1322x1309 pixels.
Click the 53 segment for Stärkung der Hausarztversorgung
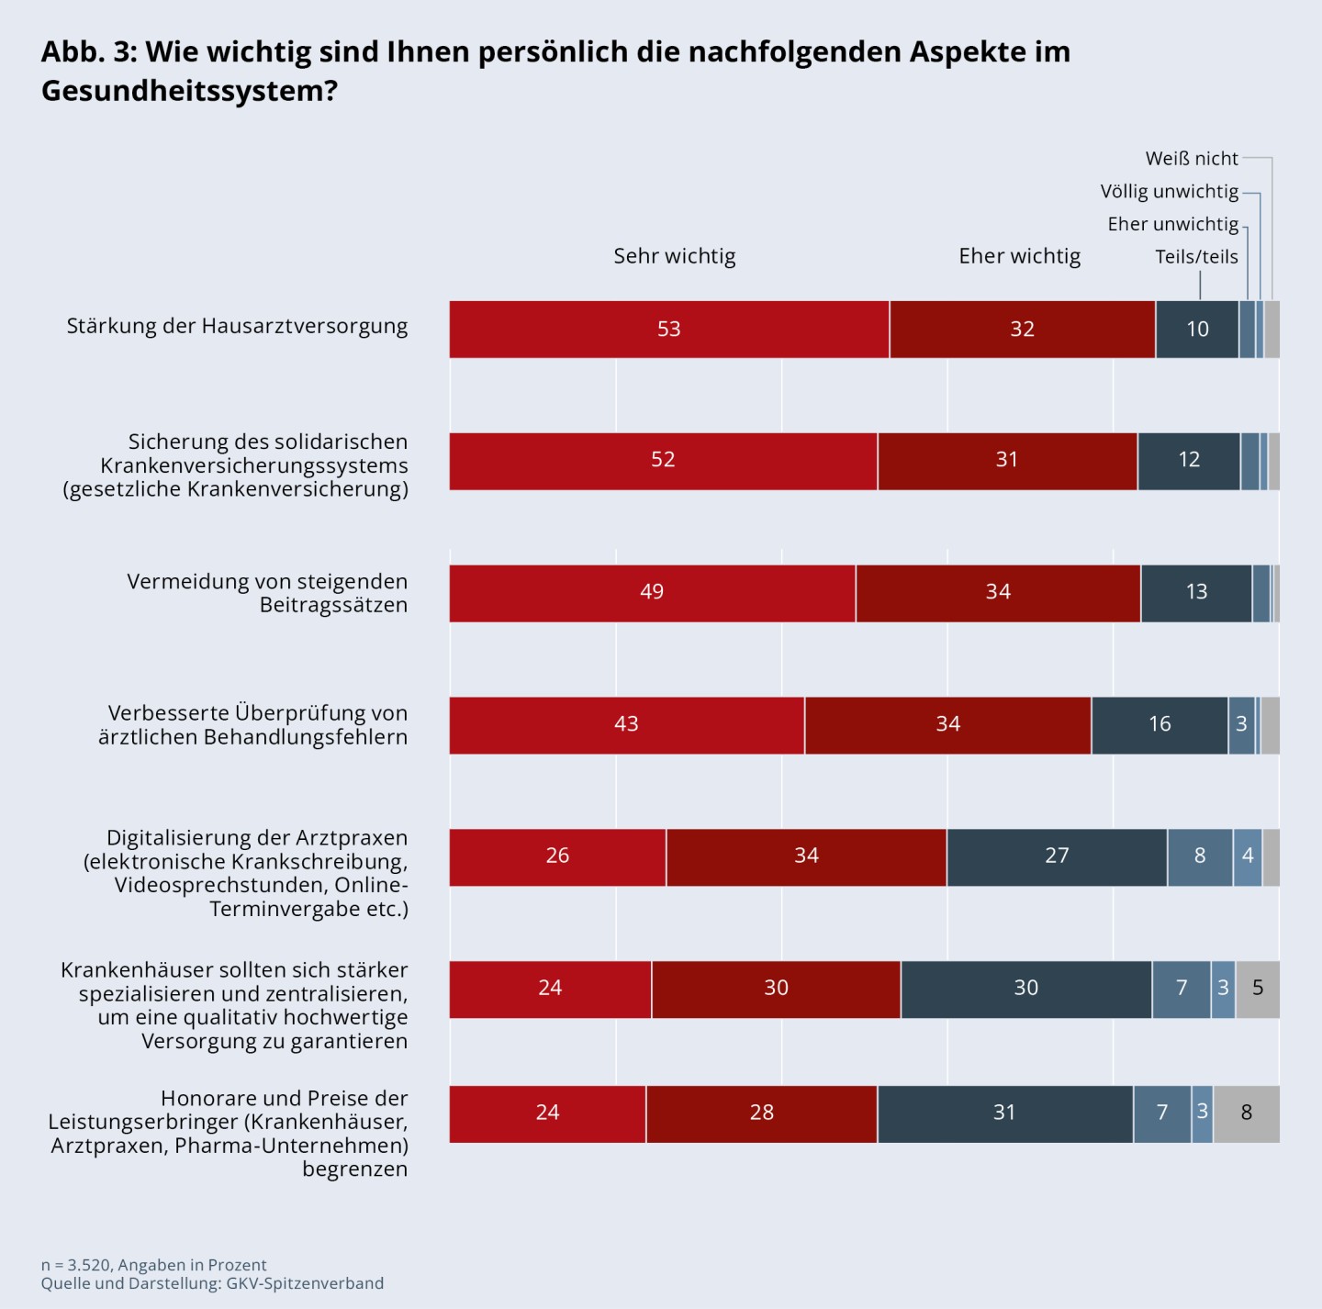click(x=668, y=330)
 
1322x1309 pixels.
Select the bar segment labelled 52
click(x=663, y=461)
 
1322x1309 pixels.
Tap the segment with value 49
click(x=652, y=593)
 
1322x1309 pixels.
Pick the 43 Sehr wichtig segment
click(x=626, y=725)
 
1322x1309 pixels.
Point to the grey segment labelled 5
click(x=1258, y=989)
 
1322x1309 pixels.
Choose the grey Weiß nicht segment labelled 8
click(x=1246, y=1113)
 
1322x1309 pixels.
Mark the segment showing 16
click(x=1160, y=725)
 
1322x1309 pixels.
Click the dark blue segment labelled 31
click(x=1004, y=1113)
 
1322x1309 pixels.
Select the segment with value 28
click(x=761, y=1113)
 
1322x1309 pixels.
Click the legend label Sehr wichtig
click(x=675, y=256)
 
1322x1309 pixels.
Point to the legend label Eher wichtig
click(x=1019, y=256)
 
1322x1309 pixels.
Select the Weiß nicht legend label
click(x=1192, y=159)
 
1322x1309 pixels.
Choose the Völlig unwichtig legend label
click(x=1169, y=192)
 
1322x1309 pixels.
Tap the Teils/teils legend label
click(x=1196, y=257)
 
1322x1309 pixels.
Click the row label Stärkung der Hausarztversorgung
click(x=237, y=327)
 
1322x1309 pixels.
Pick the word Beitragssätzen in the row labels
click(x=333, y=606)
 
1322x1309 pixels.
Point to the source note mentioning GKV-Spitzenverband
click(x=212, y=1283)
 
